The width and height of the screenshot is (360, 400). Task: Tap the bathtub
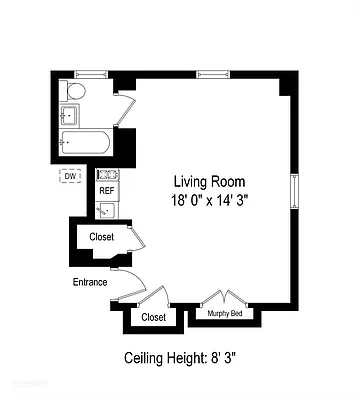(84, 144)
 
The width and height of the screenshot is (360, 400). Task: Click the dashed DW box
(70, 177)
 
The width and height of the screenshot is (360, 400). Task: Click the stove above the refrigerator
(106, 175)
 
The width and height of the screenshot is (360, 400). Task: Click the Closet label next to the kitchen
(101, 237)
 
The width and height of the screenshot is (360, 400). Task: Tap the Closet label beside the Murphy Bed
(153, 317)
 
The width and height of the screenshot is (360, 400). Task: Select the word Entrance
(89, 281)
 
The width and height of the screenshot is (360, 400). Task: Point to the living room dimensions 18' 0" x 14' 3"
(210, 199)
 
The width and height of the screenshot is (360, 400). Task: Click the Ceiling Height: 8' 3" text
(180, 357)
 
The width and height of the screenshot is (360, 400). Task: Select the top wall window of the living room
(210, 73)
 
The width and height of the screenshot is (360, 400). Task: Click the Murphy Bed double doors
(225, 299)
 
